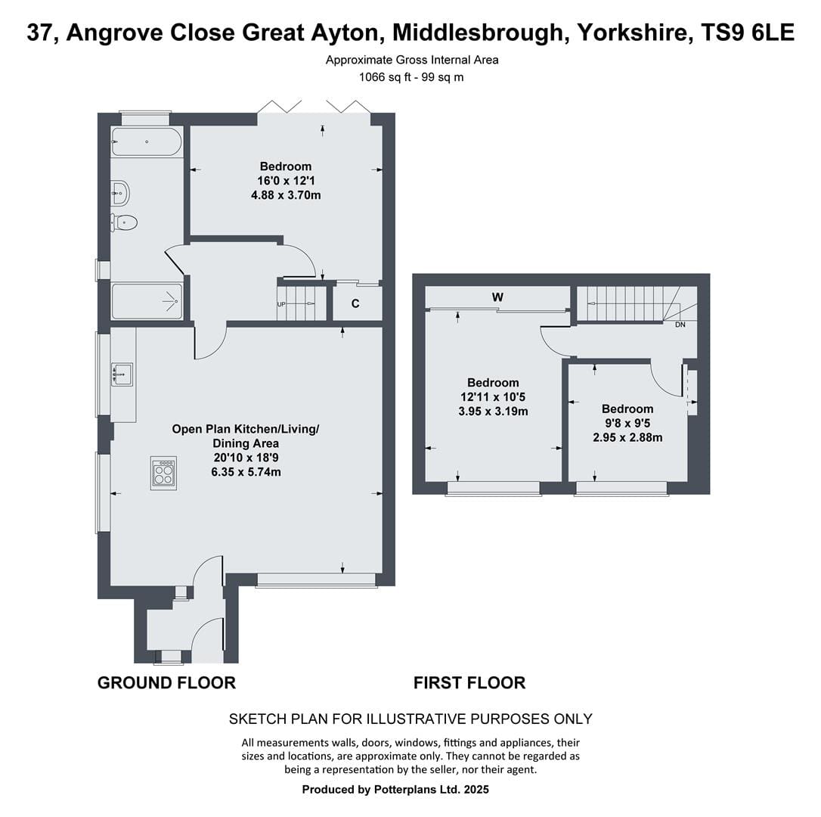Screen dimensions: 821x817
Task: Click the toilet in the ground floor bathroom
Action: tap(123, 222)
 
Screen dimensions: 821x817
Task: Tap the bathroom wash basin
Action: tap(120, 194)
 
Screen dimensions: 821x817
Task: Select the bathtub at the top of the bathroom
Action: tap(147, 141)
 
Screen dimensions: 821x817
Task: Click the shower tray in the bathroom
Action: tap(147, 301)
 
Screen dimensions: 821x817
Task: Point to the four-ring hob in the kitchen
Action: tap(163, 474)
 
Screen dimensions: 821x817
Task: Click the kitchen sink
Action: tap(122, 374)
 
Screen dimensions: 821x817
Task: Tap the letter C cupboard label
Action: tap(355, 303)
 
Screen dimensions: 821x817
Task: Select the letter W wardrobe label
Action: tap(497, 297)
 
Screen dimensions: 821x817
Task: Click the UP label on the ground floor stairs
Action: tap(281, 304)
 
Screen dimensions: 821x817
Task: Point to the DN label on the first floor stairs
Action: tap(680, 325)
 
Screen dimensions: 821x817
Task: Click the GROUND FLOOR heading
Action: tap(166, 683)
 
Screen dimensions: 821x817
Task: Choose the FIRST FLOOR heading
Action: tap(469, 683)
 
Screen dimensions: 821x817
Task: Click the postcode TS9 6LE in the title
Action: tap(747, 33)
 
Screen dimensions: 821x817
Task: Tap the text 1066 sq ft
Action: tap(385, 78)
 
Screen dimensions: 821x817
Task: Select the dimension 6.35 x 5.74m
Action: tap(246, 471)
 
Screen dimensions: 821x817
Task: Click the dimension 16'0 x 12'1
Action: tap(286, 181)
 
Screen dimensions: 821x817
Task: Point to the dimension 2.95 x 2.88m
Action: tap(627, 437)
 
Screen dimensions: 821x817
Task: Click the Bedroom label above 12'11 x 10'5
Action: tap(493, 383)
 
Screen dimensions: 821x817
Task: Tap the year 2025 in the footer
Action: tap(476, 789)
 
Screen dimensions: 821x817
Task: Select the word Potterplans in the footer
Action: tap(402, 789)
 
